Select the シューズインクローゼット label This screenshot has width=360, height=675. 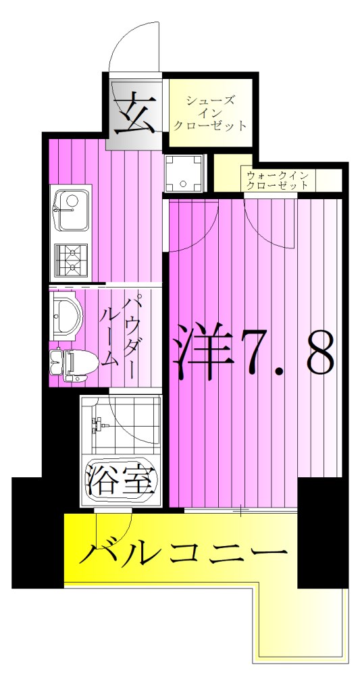[x=209, y=113]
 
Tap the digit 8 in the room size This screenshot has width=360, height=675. [x=319, y=353]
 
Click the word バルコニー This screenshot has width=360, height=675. [x=182, y=553]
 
